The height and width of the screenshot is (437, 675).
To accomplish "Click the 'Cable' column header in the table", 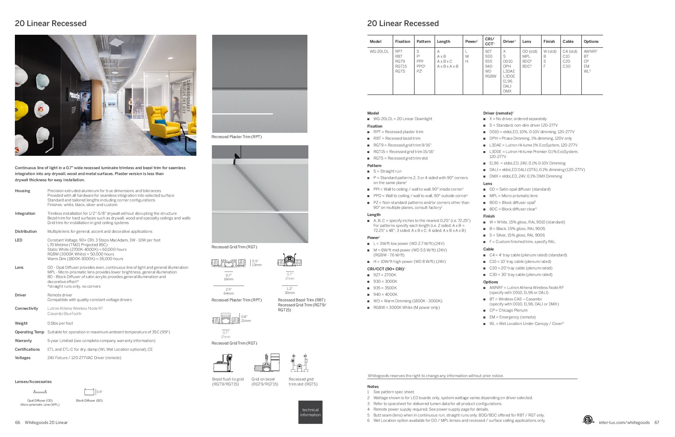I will click(x=568, y=41).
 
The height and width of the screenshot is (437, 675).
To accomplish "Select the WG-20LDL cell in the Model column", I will click(x=379, y=52).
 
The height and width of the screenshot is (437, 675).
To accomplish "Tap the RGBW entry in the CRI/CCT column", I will click(x=490, y=76).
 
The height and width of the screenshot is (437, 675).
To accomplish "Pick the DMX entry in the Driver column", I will click(x=507, y=91).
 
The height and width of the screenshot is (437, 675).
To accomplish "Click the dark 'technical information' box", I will click(x=310, y=412).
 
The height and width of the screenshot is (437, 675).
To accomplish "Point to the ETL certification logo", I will click(x=588, y=420).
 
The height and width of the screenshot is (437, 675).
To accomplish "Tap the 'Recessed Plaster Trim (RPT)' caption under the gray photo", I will click(x=236, y=137).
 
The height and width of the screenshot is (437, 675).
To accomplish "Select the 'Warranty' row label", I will click(x=23, y=341).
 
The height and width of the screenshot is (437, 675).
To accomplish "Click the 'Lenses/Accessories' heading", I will click(x=33, y=382).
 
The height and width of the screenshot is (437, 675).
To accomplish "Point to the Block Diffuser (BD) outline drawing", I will click(x=89, y=392).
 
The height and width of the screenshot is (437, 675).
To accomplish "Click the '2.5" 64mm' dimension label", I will click(x=229, y=291).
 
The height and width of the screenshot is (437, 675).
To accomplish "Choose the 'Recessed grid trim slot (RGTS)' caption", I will click(x=303, y=382).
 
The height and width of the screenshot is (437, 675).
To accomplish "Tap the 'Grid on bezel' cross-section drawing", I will click(x=266, y=363).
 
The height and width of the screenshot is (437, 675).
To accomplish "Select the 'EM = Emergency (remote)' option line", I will click(x=512, y=317).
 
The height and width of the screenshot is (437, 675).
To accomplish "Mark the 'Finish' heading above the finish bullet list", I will click(x=489, y=216).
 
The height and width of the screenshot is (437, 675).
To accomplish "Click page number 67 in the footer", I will click(x=657, y=422).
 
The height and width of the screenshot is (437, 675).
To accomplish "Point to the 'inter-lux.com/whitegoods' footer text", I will click(x=624, y=422).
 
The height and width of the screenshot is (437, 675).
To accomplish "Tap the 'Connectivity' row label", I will click(x=26, y=309).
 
